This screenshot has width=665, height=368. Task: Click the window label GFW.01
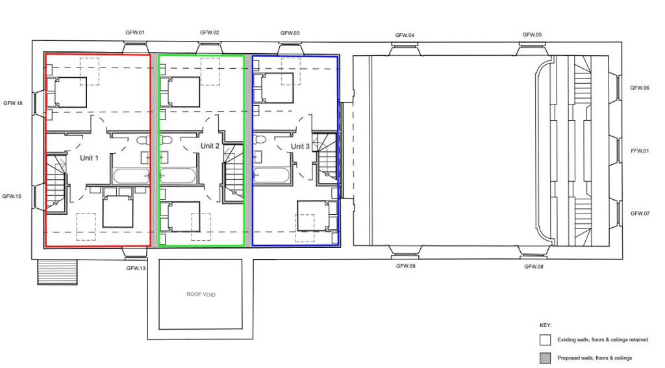point(135,32)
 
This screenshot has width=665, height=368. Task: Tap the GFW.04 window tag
point(405,35)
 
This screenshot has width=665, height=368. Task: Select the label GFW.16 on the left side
point(13,103)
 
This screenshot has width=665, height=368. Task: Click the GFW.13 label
point(135,267)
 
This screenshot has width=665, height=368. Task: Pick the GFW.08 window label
point(534,266)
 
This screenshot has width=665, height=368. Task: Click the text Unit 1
point(88,158)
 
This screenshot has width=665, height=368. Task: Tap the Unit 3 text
point(300,147)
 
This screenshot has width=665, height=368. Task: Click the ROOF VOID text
point(201,294)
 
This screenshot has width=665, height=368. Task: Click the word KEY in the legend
point(545,325)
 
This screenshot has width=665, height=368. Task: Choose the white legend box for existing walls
point(545,339)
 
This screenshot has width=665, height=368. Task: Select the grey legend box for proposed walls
point(545,358)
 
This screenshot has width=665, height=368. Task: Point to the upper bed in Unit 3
point(274,88)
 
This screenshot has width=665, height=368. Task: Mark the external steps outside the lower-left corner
point(57,272)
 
